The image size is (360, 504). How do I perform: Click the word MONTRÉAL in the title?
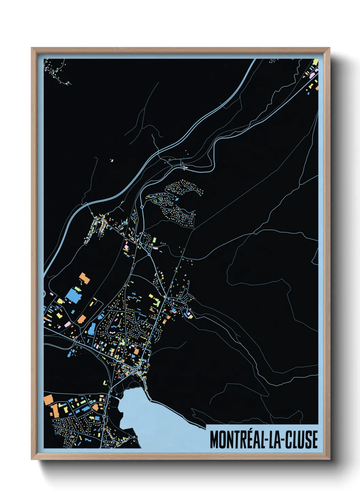pyautogui.click(x=236, y=440)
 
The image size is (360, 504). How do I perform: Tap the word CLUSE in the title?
pyautogui.click(x=301, y=440)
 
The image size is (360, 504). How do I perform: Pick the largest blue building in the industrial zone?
pyautogui.click(x=72, y=295)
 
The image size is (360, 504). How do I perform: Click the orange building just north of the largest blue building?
pyautogui.click(x=84, y=278)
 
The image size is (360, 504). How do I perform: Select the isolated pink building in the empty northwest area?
pyautogui.click(x=112, y=160)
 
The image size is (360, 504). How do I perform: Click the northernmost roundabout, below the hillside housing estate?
pyautogui.click(x=142, y=207)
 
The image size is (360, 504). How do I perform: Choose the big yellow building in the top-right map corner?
pyautogui.click(x=315, y=63)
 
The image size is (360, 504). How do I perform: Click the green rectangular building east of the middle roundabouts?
pyautogui.click(x=154, y=240)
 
